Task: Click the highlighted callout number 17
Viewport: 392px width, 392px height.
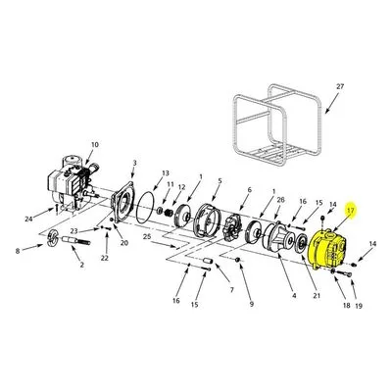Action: coord(351,211)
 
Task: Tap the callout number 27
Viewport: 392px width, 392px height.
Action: coord(340,86)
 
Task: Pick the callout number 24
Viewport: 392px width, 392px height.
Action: coord(29,219)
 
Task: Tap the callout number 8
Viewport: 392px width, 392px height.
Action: coord(18,251)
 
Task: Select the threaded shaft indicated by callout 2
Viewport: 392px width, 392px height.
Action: coord(78,241)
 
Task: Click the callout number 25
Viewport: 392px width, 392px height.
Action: coord(147,236)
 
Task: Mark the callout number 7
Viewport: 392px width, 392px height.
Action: coord(232,289)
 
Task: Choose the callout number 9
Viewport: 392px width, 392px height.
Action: coord(251,304)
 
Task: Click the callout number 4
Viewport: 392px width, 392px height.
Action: coord(294,296)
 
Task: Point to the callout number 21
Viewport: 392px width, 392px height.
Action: coord(317,296)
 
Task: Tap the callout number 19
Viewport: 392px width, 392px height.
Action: coord(359,306)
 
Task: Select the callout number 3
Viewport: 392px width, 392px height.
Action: coord(135,163)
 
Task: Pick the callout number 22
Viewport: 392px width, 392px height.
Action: coord(104,258)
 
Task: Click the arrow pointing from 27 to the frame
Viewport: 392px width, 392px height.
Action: coord(331,104)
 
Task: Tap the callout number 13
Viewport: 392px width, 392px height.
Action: coord(166,172)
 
